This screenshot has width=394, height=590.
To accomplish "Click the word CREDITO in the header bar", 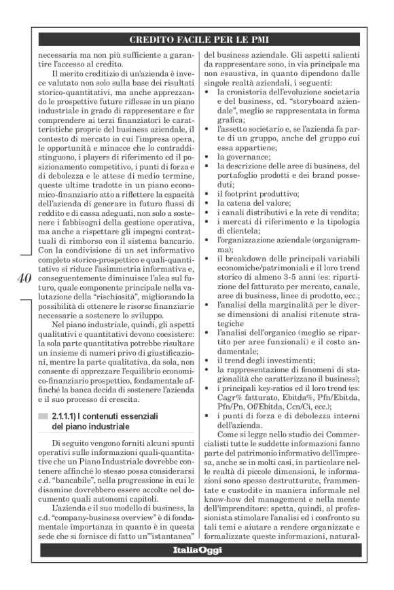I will pyautogui.click(x=154, y=39).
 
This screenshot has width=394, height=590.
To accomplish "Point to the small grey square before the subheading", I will pyautogui.click(x=43, y=415).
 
